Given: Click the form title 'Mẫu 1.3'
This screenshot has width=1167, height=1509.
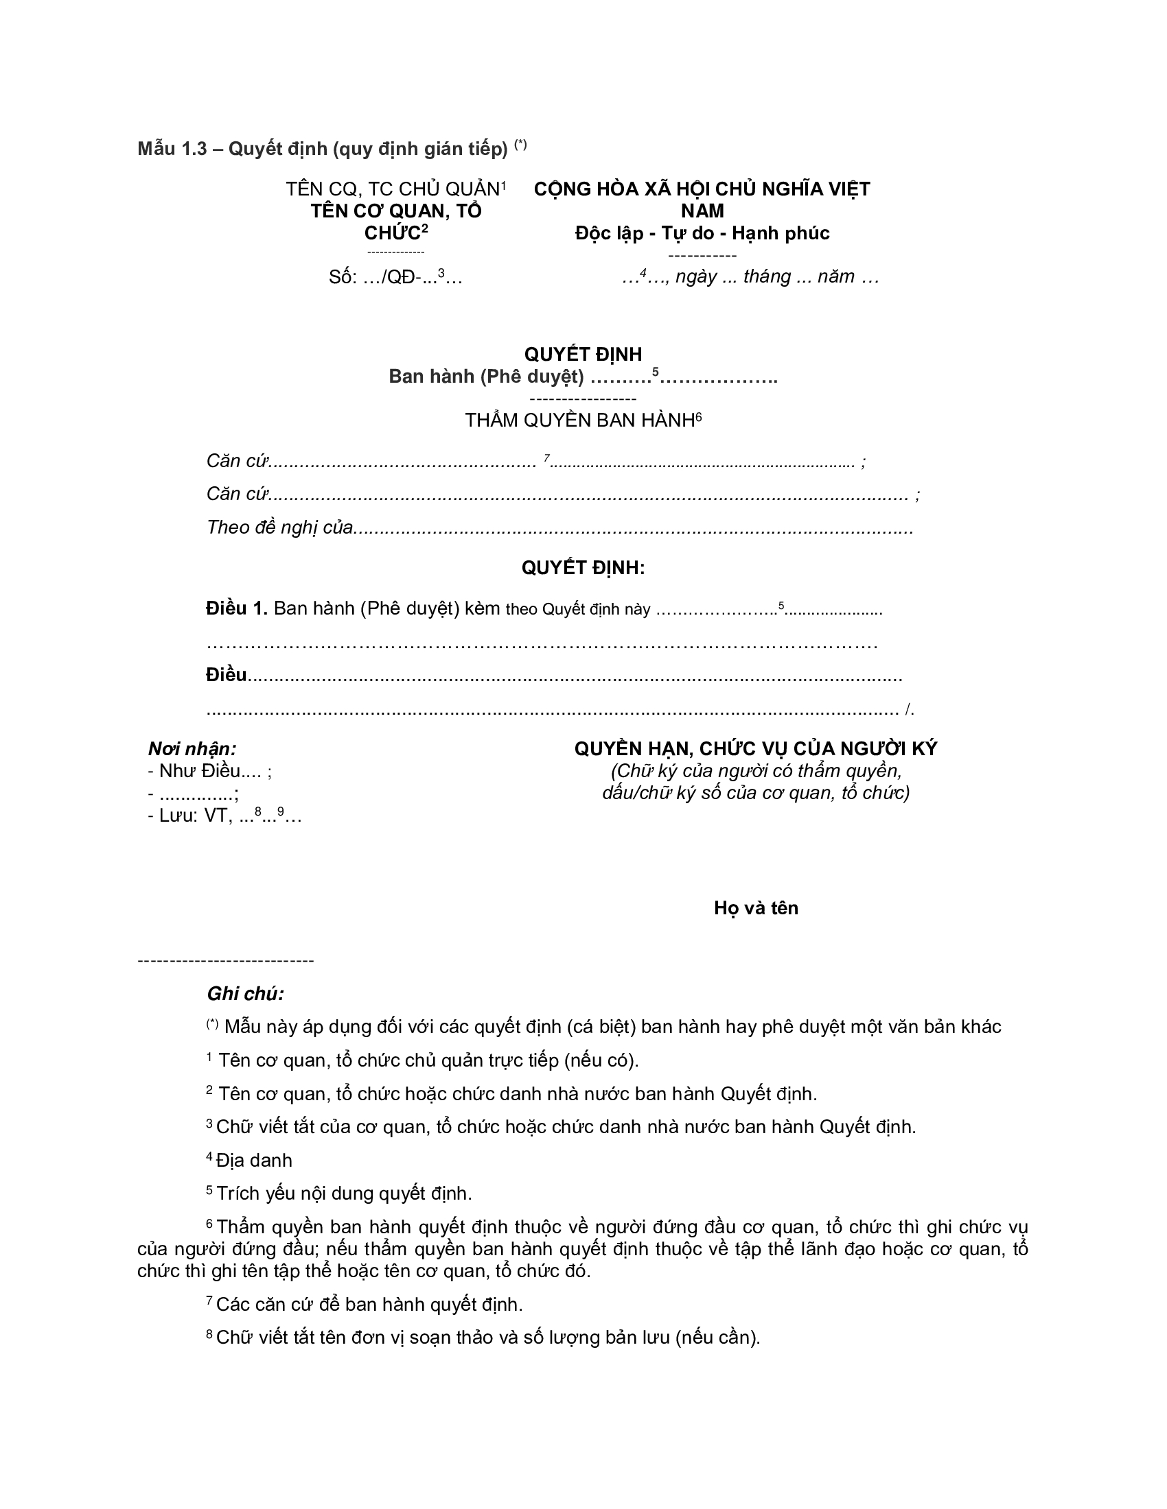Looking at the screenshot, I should [x=172, y=150].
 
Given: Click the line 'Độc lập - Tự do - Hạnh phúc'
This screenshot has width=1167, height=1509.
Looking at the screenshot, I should [x=702, y=233].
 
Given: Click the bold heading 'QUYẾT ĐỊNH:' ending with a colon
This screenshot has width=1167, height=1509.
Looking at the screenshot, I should [x=583, y=568].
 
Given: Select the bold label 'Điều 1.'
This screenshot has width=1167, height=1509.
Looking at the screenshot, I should [x=236, y=608].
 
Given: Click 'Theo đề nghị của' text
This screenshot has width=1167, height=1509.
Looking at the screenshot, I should [x=280, y=528].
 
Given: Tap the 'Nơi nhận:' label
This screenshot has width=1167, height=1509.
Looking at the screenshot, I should [x=192, y=749].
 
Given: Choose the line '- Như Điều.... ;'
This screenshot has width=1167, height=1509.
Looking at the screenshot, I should [x=209, y=771].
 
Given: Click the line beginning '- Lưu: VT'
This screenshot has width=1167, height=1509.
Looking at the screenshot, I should [x=224, y=816].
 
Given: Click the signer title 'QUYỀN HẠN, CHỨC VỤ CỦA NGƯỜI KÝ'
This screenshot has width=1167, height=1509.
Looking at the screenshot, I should [x=756, y=749].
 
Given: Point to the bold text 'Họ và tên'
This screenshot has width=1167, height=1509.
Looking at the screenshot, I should [x=756, y=908].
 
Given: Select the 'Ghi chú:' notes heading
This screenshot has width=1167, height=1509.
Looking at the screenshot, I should [x=246, y=995].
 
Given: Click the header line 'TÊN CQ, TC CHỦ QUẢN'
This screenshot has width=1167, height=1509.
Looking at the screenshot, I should [x=393, y=189].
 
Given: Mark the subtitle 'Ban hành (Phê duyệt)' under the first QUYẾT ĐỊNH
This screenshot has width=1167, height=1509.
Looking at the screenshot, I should [x=486, y=377].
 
